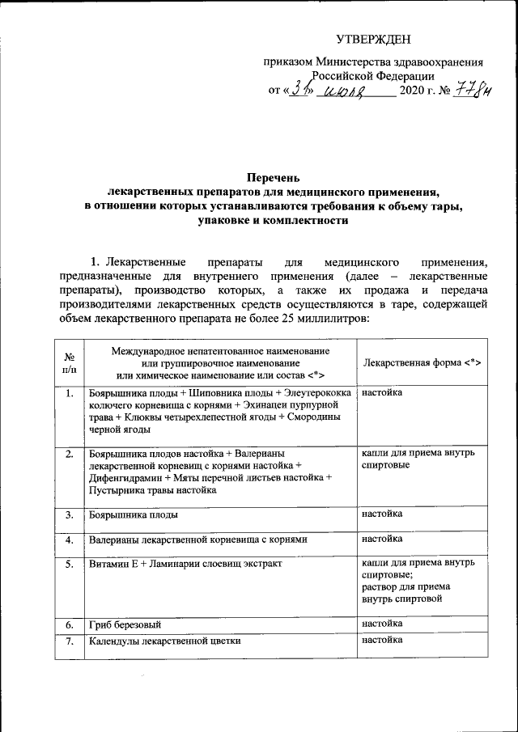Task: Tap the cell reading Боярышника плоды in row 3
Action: (134, 514)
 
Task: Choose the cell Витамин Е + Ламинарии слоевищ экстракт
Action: (185, 563)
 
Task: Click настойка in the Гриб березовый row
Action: (383, 624)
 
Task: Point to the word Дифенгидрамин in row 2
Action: (125, 477)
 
